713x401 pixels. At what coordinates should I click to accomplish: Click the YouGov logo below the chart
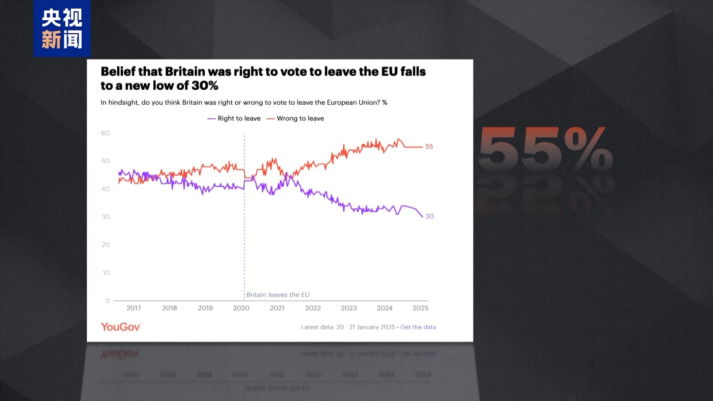(121, 327)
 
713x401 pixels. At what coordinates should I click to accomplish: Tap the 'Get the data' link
(418, 327)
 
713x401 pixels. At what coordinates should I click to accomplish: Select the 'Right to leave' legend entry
(234, 118)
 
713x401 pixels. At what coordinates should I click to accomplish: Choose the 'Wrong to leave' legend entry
(296, 118)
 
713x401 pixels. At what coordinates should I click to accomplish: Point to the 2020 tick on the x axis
(241, 308)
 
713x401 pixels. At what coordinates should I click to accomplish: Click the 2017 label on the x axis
(134, 308)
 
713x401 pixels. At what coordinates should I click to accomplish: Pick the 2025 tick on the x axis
(420, 308)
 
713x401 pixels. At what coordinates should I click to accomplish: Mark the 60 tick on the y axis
(105, 133)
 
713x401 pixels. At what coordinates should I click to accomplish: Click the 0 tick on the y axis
(108, 300)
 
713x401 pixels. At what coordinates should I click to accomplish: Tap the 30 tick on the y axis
(105, 217)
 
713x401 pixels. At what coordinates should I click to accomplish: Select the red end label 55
(429, 147)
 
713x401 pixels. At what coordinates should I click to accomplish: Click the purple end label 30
(429, 216)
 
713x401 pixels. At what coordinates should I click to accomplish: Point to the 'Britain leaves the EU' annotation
(278, 295)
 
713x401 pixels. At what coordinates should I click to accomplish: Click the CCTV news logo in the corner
(62, 29)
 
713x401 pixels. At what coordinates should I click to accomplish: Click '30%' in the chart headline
(205, 86)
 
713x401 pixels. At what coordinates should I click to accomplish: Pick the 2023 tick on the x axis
(349, 308)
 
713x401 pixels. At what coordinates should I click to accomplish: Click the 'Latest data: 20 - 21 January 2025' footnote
(348, 327)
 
